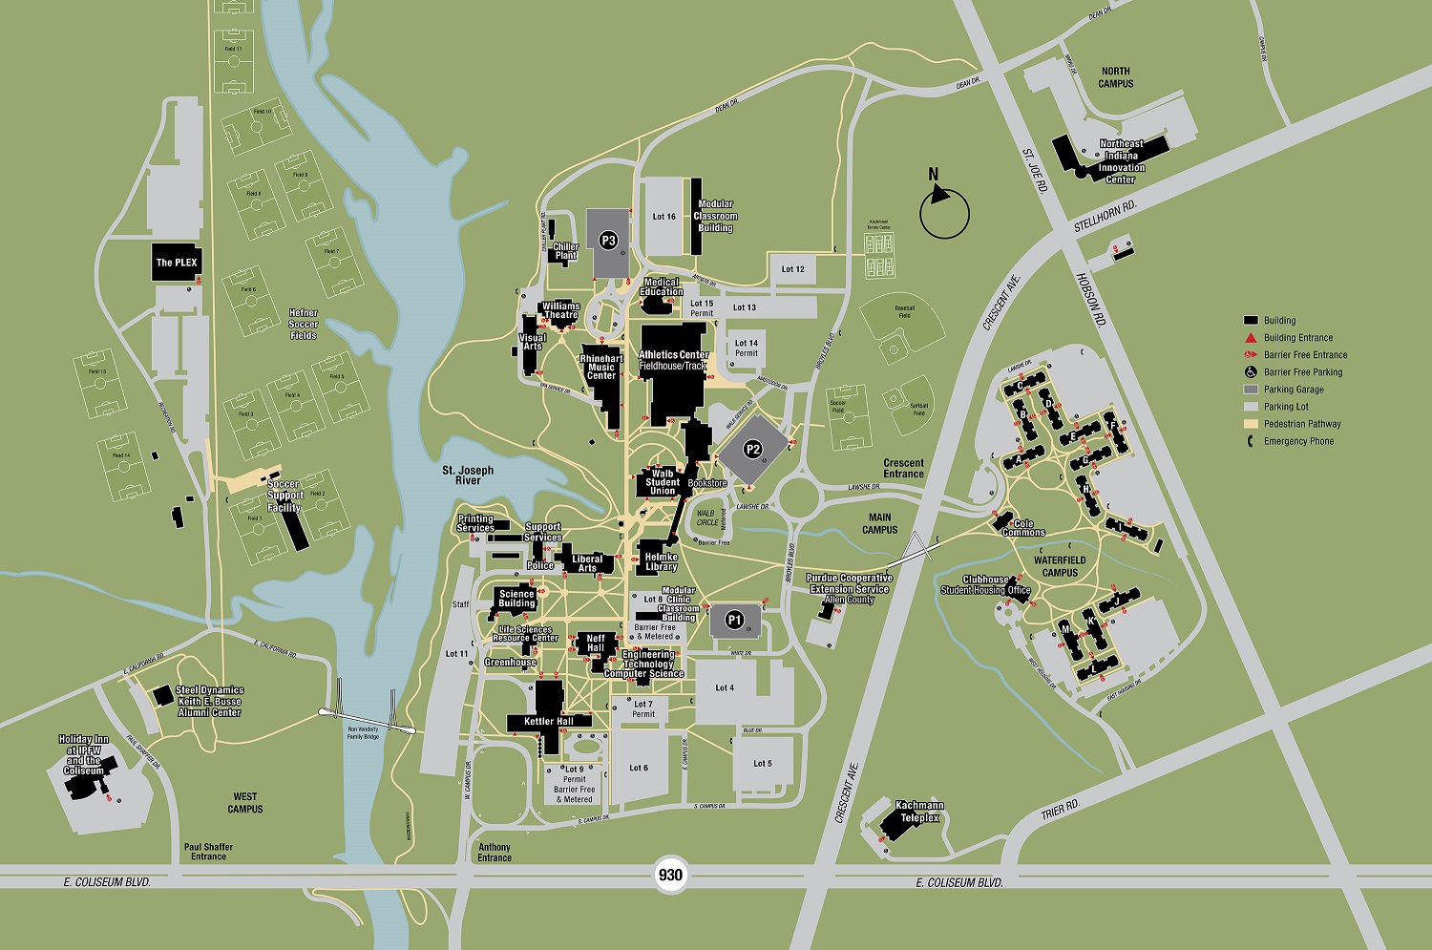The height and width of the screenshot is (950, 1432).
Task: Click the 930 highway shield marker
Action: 671,875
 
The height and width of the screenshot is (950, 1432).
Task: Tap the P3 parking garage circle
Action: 608,241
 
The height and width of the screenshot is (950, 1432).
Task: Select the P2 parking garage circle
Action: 753,450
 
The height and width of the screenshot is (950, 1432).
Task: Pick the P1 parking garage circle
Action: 734,620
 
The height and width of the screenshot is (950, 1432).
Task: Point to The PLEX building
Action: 177,262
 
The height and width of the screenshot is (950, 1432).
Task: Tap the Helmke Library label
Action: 661,561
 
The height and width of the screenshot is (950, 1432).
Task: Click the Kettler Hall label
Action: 549,722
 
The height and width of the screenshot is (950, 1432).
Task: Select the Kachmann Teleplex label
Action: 919,812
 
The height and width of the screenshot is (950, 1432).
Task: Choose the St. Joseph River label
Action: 468,475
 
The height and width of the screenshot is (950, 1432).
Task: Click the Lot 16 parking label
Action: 663,217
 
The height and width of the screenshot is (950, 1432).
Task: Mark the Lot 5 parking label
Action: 762,764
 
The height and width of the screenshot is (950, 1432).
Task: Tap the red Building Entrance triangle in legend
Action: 1250,338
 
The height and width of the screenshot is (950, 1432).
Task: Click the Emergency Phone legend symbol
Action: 1250,441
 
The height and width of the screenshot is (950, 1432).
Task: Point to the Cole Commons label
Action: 1023,528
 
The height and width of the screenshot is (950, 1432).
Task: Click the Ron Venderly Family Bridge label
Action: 363,733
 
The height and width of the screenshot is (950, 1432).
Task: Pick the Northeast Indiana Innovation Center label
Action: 1121,161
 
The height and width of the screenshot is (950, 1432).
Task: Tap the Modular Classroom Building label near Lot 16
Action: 715,216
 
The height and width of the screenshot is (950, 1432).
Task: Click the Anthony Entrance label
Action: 495,853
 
